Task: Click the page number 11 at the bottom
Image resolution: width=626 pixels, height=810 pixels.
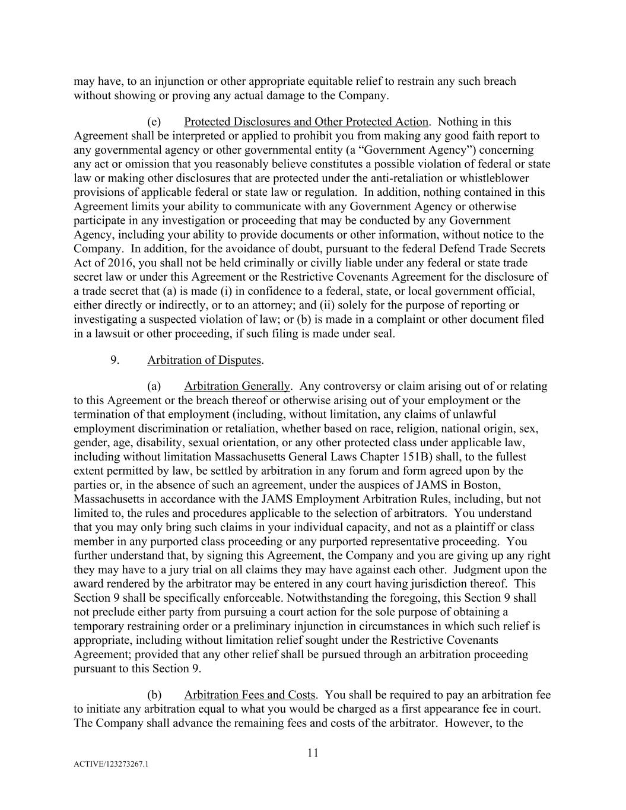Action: pyautogui.click(x=313, y=753)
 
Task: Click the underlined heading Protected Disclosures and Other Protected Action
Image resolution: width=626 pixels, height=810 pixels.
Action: pyautogui.click(x=306, y=122)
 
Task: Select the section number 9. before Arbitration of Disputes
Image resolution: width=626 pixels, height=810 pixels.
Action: pyautogui.click(x=116, y=360)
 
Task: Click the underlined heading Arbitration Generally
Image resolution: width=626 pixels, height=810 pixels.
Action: pyautogui.click(x=237, y=386)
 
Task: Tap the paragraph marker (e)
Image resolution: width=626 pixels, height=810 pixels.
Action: pyautogui.click(x=154, y=122)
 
